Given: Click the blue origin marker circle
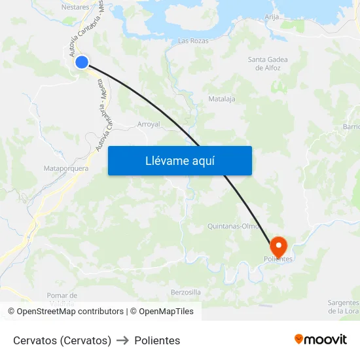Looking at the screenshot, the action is [x=82, y=62].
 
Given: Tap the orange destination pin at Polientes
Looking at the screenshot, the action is [x=279, y=246].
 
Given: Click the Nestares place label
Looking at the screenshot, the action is [x=75, y=7].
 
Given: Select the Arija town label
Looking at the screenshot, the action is [x=272, y=17].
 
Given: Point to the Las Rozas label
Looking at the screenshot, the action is [x=193, y=41].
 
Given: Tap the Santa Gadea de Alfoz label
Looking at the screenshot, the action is [x=268, y=63].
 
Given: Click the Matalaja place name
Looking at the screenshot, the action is [x=221, y=99].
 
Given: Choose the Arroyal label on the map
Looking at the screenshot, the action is [x=149, y=124].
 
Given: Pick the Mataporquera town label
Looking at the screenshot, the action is [x=65, y=168].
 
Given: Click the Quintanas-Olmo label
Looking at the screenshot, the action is [x=233, y=226].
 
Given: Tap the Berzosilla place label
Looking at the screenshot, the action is [x=185, y=292].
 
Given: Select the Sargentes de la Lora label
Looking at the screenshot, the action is [x=344, y=306].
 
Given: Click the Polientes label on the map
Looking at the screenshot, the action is [x=278, y=259].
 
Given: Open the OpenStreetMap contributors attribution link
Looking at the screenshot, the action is [x=70, y=312].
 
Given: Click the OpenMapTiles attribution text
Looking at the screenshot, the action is [x=166, y=312].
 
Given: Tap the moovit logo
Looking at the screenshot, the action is [x=320, y=339].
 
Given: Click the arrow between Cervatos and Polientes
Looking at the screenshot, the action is [x=122, y=340].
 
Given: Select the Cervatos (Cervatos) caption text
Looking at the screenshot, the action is [x=62, y=340].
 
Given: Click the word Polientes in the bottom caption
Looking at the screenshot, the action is [x=157, y=340].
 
